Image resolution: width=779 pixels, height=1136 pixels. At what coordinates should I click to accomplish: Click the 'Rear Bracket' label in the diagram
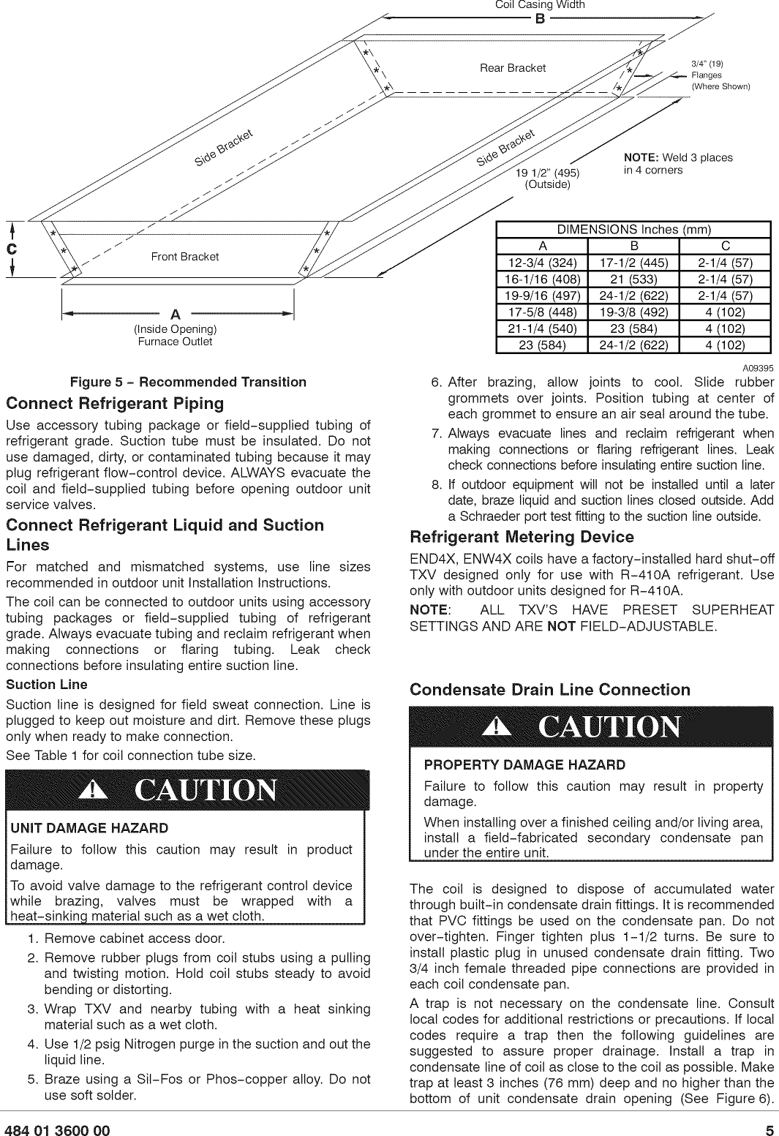(x=512, y=68)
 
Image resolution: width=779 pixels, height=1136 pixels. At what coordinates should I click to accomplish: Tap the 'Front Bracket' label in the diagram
(x=184, y=257)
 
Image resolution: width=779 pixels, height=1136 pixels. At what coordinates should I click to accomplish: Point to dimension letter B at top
(x=540, y=19)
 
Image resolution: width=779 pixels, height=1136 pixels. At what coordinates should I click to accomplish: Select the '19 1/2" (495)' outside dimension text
(x=547, y=173)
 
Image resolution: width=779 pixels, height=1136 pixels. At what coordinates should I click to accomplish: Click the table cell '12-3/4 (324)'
(x=542, y=263)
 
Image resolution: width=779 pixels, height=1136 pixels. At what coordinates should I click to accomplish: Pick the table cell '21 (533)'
(x=633, y=279)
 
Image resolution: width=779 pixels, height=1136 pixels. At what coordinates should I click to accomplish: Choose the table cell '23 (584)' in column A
(x=542, y=345)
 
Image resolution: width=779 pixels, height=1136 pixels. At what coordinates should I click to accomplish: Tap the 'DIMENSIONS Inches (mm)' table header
(x=633, y=230)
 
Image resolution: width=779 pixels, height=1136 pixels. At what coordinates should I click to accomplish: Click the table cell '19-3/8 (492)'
(x=633, y=312)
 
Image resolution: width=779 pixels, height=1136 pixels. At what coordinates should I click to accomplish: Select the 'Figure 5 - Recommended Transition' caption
(x=188, y=382)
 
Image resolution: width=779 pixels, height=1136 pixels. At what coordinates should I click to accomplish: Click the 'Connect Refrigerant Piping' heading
(x=115, y=404)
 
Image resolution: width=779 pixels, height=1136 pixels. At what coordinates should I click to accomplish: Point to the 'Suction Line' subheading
(x=47, y=685)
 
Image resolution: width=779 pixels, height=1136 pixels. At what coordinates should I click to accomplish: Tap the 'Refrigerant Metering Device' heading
(x=522, y=537)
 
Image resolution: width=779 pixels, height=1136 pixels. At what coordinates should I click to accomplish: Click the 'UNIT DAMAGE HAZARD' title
(x=89, y=828)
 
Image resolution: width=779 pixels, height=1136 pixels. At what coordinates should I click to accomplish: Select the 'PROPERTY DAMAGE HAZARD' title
(x=524, y=765)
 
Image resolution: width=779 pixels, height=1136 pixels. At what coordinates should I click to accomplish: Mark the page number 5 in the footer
(x=769, y=1131)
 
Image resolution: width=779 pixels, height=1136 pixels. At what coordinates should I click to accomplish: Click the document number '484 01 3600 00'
(x=58, y=1131)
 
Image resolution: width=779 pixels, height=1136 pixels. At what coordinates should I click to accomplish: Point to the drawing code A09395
(x=759, y=367)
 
